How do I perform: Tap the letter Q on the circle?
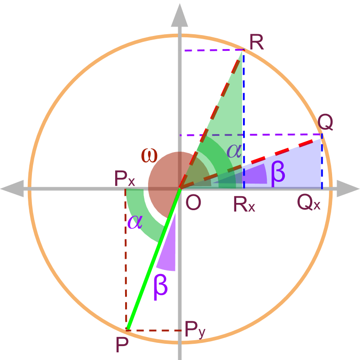point(325,122)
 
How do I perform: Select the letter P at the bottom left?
point(122,345)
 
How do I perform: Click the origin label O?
point(193,203)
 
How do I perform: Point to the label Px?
point(124,180)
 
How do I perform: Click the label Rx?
point(244,204)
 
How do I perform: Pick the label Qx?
point(309,203)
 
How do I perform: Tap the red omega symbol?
point(149,155)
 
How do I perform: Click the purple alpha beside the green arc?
point(135,221)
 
